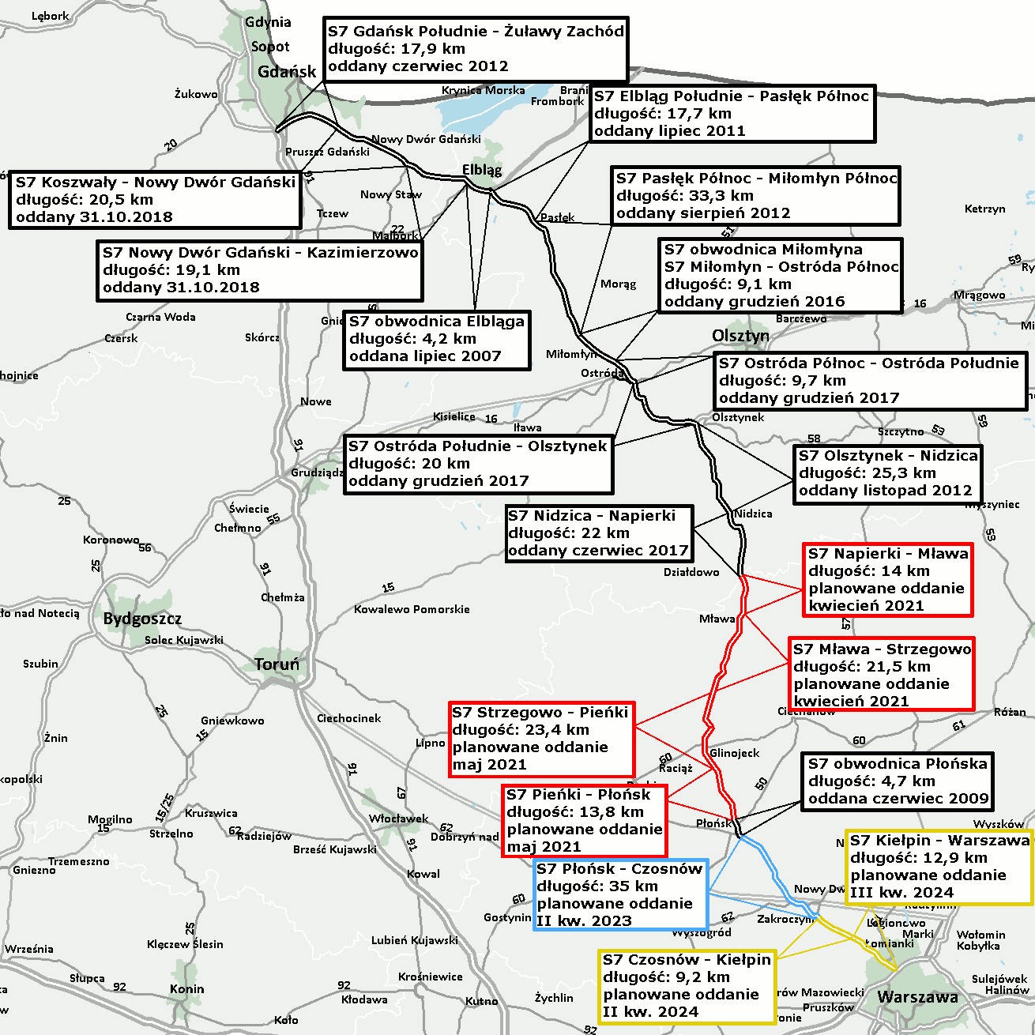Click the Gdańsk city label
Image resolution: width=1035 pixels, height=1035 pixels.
pos(286,72)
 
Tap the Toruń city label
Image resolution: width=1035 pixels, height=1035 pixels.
pos(277,664)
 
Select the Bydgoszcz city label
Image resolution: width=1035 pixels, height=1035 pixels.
pos(142,619)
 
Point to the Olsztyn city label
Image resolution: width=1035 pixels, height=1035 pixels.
pos(740,336)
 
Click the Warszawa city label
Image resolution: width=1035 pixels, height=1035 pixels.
pos(917,997)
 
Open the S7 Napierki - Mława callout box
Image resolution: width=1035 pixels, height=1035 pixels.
pos(887,579)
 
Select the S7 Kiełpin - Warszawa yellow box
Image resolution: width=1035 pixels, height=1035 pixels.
pos(939,867)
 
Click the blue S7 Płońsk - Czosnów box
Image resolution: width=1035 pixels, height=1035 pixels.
pos(621,894)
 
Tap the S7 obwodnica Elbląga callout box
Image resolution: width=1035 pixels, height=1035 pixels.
pos(437,339)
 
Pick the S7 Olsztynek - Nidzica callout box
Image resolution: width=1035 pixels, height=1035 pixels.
pos(887,473)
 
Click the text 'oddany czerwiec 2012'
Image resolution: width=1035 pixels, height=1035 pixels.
pos(418,66)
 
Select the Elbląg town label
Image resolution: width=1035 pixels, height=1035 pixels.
pos(482,170)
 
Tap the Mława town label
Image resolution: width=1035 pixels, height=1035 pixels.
pos(717,619)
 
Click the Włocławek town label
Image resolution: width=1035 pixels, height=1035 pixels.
pos(398,819)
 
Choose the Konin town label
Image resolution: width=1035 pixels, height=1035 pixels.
pos(186,989)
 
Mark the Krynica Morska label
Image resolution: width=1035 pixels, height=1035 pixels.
pos(483,90)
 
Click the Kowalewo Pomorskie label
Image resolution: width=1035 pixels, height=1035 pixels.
pos(412,609)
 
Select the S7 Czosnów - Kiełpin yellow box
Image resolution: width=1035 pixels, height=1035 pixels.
pos(687,986)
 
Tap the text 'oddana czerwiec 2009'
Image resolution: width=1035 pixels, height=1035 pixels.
pos(898,798)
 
